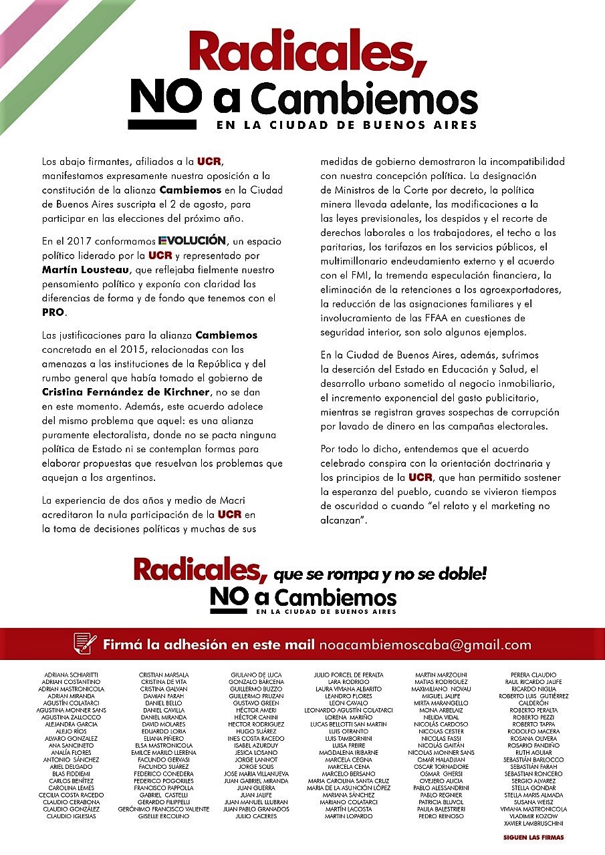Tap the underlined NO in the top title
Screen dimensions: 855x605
164,98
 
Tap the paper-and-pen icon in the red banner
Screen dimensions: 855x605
85,645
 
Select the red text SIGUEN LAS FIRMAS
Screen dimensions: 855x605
533,838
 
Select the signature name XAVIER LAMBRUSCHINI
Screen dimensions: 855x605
533,823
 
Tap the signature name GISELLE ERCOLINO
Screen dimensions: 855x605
163,816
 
